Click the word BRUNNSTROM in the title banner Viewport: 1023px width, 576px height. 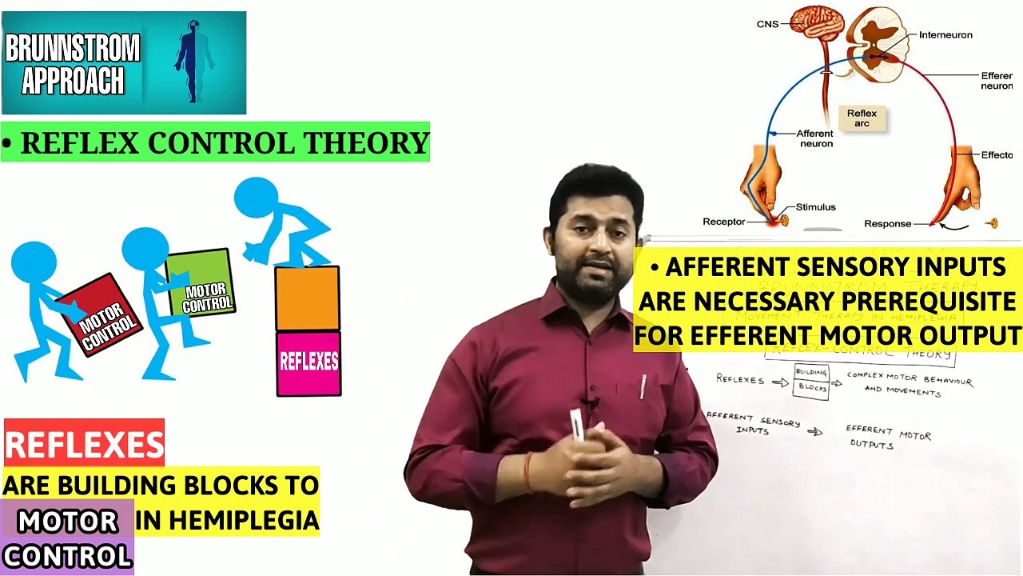click(x=72, y=49)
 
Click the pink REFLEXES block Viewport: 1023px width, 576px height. click(x=308, y=363)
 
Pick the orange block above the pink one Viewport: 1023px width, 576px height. click(x=307, y=298)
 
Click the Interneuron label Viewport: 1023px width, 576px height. click(x=945, y=35)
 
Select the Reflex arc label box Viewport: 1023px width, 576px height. click(x=862, y=118)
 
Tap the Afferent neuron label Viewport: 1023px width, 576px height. click(x=815, y=138)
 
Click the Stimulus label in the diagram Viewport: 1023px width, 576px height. click(x=815, y=207)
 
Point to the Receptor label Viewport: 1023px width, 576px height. click(x=723, y=222)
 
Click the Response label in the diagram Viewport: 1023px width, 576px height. click(x=887, y=224)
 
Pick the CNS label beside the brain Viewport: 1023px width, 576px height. click(x=767, y=24)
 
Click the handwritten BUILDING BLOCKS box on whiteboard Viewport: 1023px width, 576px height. click(x=811, y=380)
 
